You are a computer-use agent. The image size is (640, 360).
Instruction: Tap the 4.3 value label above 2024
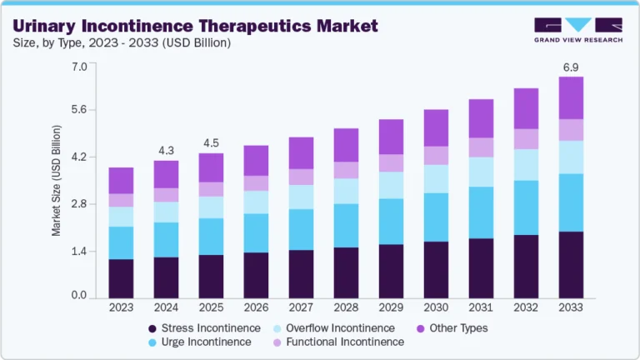click(166, 150)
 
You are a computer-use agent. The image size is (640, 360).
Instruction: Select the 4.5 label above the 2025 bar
click(211, 142)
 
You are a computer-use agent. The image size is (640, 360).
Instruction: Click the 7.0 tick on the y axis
click(79, 66)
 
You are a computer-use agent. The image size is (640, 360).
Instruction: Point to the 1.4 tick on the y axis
click(79, 251)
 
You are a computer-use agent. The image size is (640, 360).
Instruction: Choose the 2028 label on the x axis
click(346, 308)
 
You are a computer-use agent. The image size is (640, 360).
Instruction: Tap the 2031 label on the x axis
click(481, 308)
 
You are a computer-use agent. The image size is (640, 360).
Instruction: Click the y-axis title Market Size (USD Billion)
click(57, 181)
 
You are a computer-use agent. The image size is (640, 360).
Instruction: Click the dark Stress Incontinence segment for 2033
click(571, 264)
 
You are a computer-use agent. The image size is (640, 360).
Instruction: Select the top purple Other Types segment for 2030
click(436, 127)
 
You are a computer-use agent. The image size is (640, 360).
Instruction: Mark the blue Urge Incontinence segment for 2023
click(121, 242)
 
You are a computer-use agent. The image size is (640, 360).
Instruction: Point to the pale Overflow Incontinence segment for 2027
click(301, 197)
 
